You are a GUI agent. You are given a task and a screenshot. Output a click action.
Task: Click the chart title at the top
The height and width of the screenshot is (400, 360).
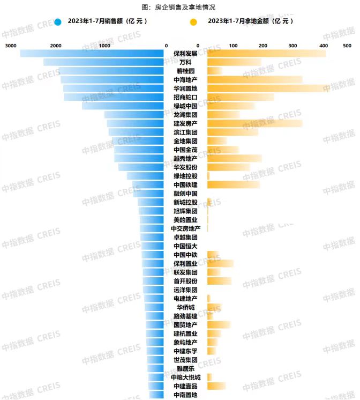pyautogui.click(x=179, y=8)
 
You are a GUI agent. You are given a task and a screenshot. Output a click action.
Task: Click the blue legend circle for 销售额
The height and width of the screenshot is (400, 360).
pyautogui.click(x=58, y=22)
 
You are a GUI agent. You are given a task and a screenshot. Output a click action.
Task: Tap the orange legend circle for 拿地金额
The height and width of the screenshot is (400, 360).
pyautogui.click(x=193, y=22)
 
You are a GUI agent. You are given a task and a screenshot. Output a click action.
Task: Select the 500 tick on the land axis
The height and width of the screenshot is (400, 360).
pyautogui.click(x=347, y=46)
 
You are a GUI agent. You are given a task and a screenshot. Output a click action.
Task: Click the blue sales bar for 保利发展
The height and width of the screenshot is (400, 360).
pyautogui.click(x=92, y=54)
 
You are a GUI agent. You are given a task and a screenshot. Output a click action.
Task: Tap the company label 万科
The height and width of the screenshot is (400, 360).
pyautogui.click(x=185, y=62)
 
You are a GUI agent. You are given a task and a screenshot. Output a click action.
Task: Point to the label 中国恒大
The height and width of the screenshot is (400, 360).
pyautogui.click(x=185, y=246)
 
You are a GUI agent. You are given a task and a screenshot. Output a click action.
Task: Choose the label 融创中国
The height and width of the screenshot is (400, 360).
pyautogui.click(x=185, y=194)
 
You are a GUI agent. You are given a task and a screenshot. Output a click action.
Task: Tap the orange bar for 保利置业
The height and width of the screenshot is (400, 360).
pyautogui.click(x=220, y=263)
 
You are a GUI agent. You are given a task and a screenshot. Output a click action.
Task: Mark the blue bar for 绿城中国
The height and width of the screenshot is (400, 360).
pyautogui.click(x=123, y=106)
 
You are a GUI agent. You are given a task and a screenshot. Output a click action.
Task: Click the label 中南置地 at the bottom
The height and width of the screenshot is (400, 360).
pyautogui.click(x=185, y=395)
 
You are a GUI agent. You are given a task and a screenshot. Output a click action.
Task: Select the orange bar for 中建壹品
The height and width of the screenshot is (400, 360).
pyautogui.click(x=216, y=386)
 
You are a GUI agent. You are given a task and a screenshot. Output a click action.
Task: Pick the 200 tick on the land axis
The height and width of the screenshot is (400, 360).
pyautogui.click(x=262, y=46)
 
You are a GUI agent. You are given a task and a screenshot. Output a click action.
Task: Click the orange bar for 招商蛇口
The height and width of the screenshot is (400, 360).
pyautogui.click(x=240, y=97)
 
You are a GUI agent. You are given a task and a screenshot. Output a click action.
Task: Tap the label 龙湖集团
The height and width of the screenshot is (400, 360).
pyautogui.click(x=185, y=115)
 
